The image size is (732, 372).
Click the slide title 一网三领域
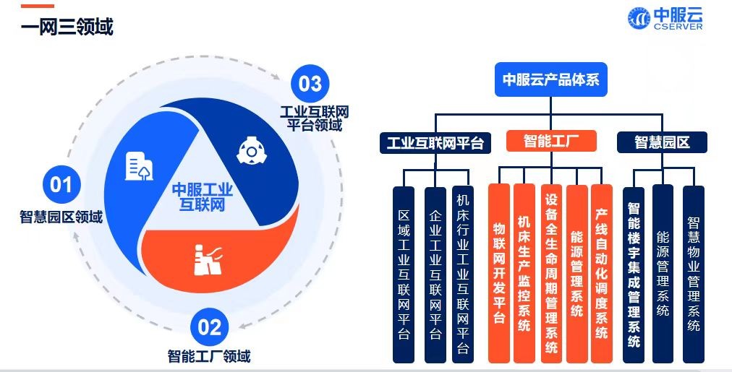coord(67,28)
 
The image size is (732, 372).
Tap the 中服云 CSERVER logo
coord(665,19)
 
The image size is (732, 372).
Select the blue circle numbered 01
coord(61,186)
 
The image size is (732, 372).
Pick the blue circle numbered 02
coord(209,328)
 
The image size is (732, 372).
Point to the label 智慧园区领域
coord(61,216)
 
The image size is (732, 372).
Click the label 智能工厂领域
coord(209,355)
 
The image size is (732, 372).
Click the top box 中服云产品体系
coord(551,79)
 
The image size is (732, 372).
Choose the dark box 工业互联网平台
coord(435,142)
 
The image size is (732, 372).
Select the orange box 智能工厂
coord(550,140)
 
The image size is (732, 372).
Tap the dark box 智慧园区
coord(662,142)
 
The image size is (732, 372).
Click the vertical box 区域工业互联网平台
coord(404,274)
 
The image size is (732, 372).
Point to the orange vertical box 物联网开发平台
coord(499,273)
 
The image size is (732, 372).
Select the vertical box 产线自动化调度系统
coord(601,273)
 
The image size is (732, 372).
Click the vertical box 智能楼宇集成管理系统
coord(634,273)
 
